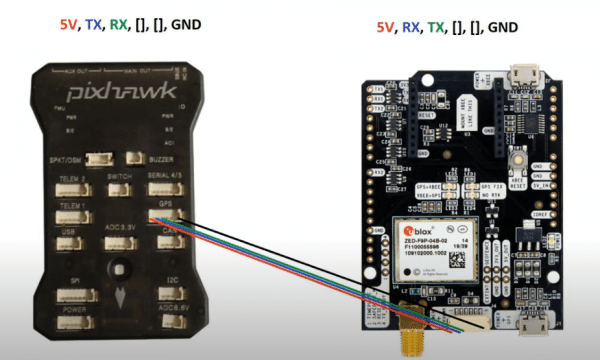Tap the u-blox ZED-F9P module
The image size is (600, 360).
pyautogui.click(x=429, y=250)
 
